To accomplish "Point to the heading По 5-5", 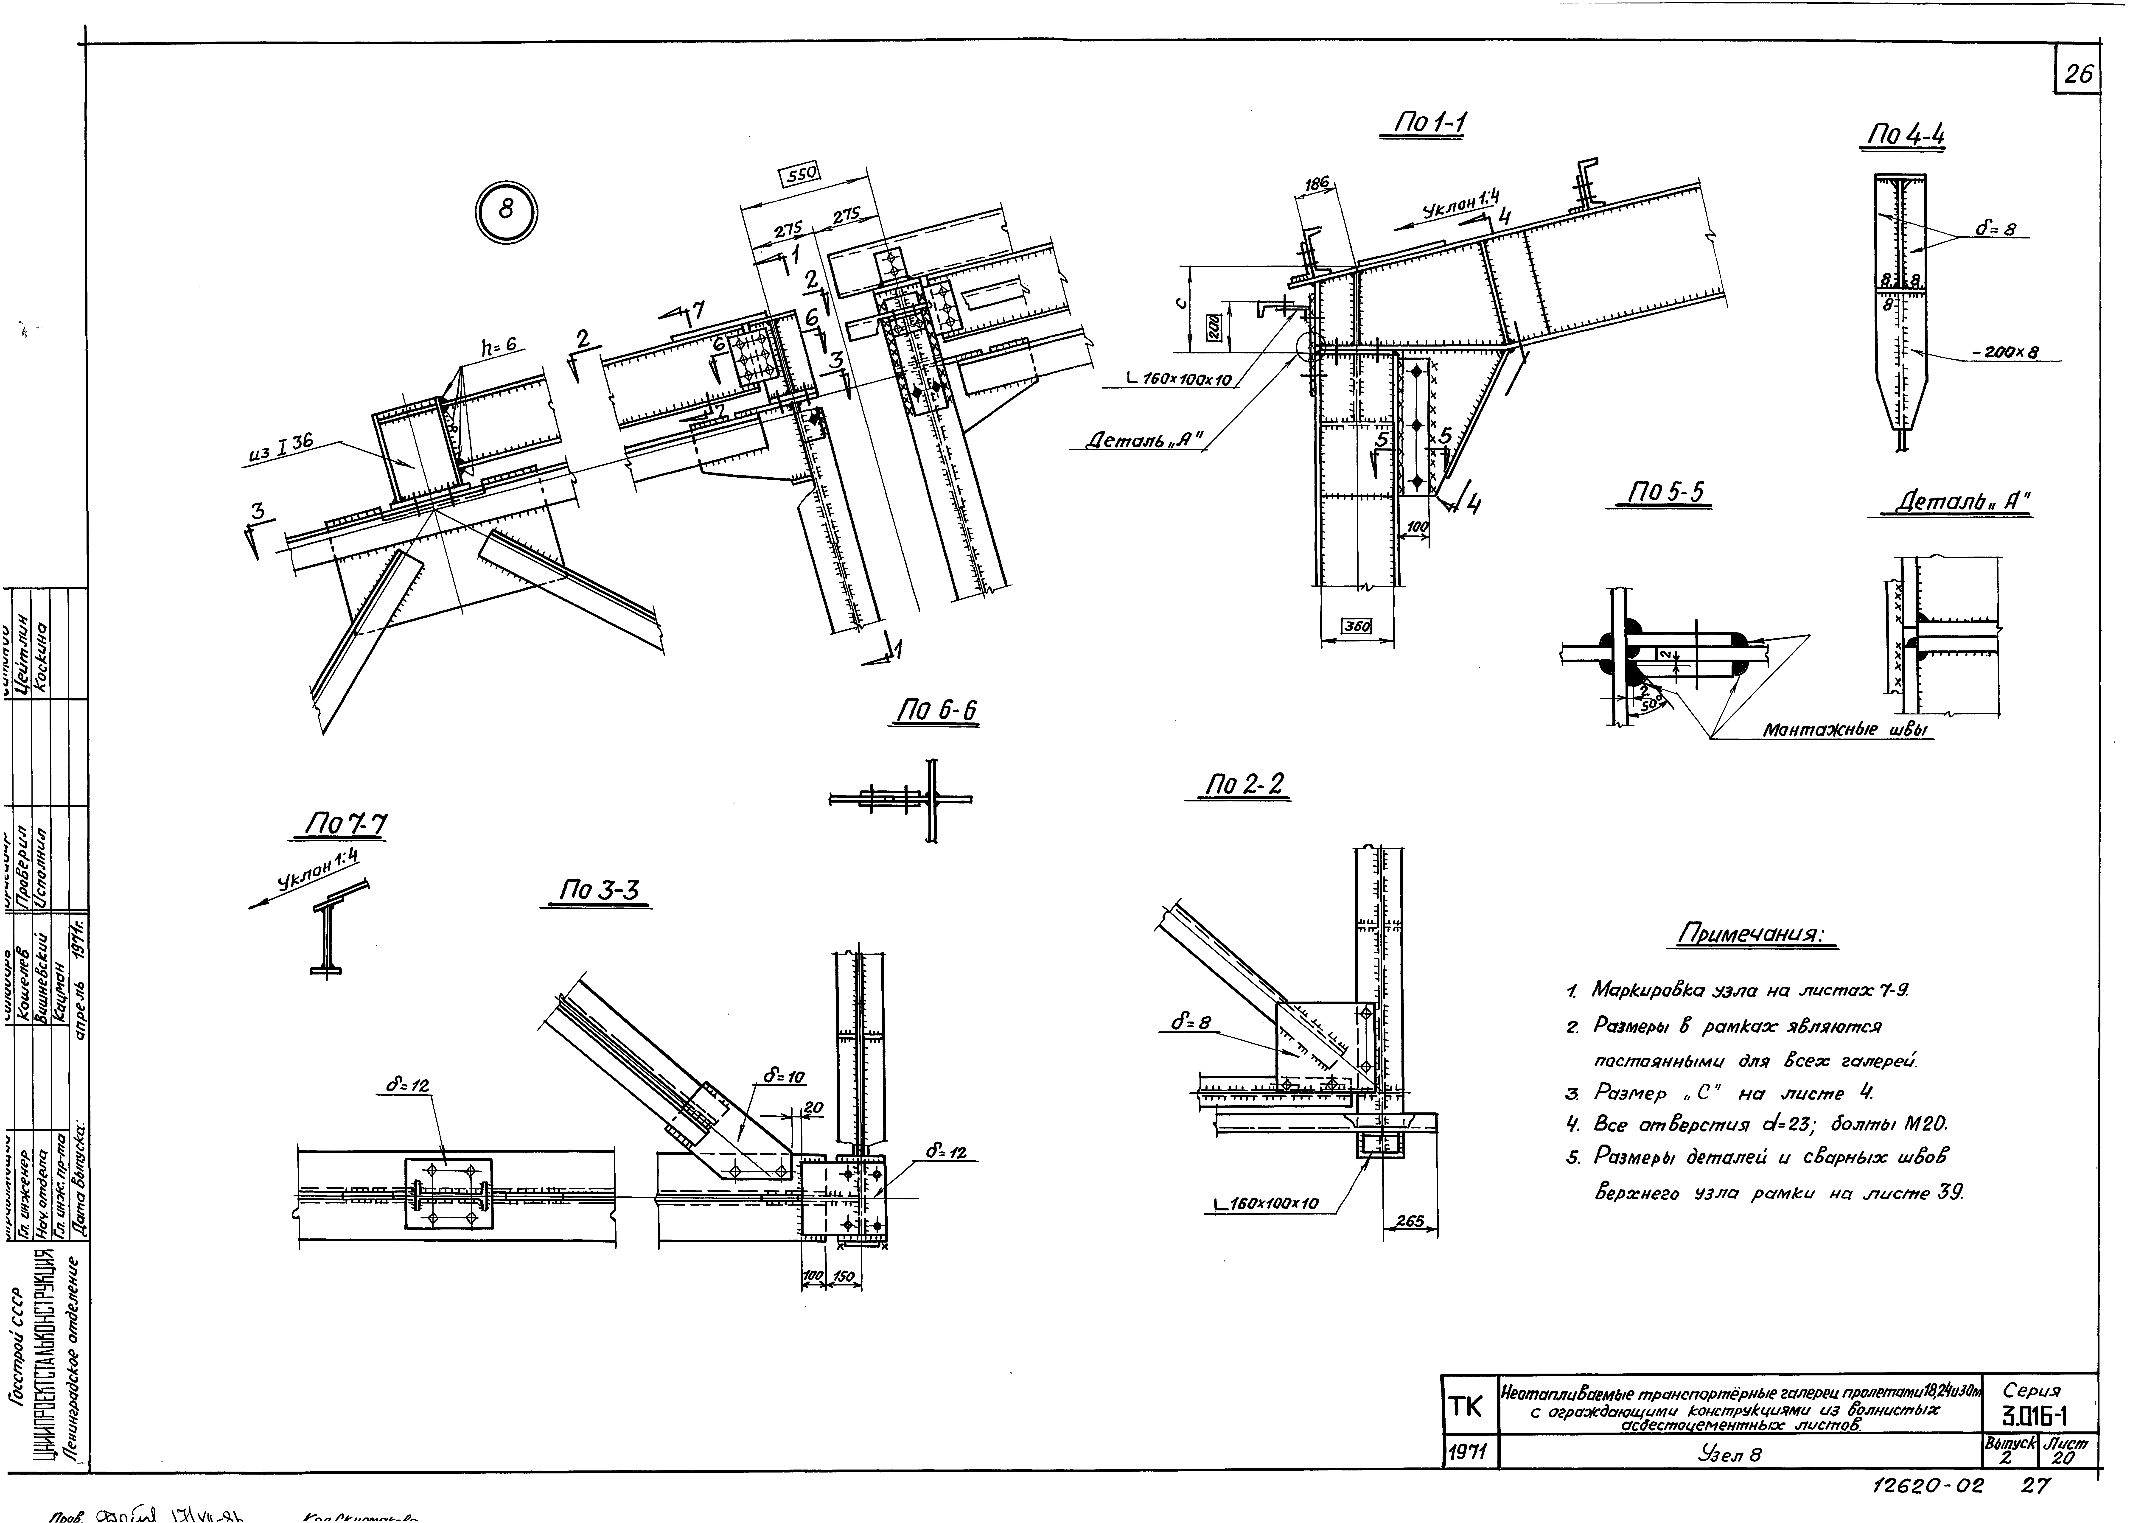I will click(x=1667, y=493).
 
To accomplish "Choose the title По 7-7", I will click(x=345, y=824).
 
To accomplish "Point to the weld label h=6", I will click(x=499, y=345).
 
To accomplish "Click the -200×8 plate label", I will click(x=2004, y=353).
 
